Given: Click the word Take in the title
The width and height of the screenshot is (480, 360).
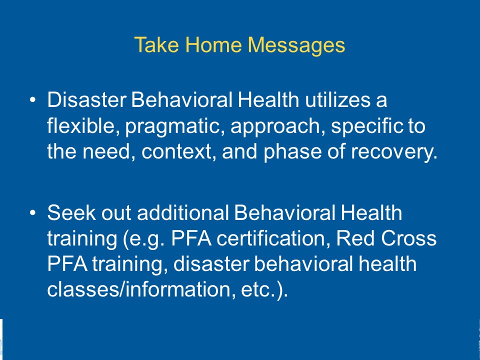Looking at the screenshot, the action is click(156, 44).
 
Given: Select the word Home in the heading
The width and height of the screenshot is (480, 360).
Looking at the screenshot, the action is click(213, 44).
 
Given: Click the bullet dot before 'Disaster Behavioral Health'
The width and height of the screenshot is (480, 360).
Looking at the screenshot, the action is click(33, 99).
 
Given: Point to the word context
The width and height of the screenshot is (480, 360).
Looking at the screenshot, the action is click(176, 151).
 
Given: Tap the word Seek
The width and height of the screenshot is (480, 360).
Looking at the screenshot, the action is click(71, 212).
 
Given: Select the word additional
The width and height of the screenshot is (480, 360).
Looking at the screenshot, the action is click(183, 212).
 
